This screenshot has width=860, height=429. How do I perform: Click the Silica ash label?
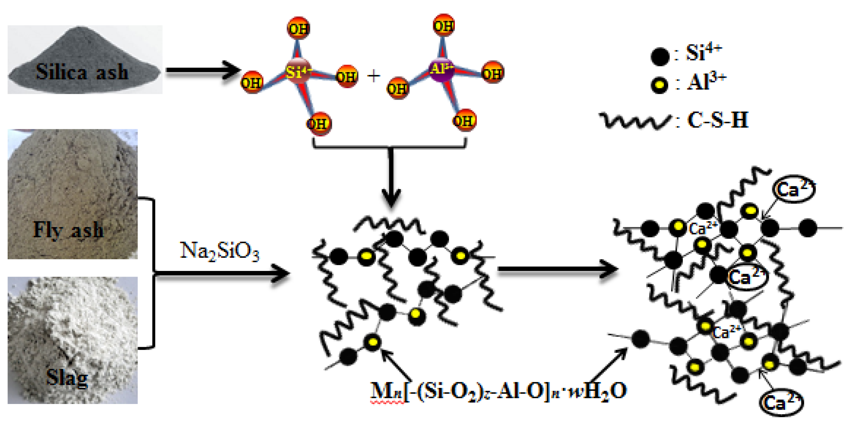click(82, 72)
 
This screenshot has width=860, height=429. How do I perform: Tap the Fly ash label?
click(68, 230)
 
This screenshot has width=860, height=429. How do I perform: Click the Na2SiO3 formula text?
click(219, 251)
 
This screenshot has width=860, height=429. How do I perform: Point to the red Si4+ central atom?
click(298, 71)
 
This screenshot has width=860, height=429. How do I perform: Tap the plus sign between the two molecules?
click(374, 76)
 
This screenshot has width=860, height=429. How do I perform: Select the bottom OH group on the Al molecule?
click(464, 120)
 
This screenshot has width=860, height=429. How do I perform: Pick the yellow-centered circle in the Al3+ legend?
click(660, 85)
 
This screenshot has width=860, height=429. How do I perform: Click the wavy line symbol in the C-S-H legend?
click(634, 121)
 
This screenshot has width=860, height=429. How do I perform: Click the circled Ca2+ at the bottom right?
click(781, 402)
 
